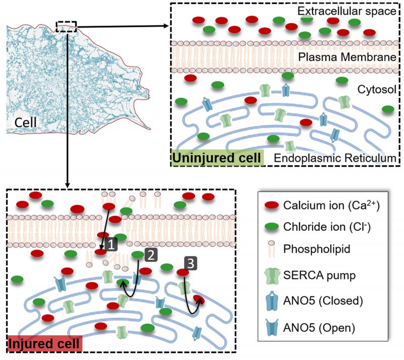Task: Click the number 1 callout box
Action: pos(111,244)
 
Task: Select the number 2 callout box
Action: pos(150,255)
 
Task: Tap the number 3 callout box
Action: pos(191,264)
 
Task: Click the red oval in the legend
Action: pos(272,205)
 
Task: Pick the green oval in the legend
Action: pos(272,227)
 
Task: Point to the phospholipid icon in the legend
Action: pos(272,248)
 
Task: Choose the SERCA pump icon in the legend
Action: pos(272,276)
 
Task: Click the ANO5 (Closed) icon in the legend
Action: pos(272,300)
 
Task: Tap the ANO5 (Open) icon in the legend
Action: pos(272,327)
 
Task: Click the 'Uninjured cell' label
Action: pos(217,158)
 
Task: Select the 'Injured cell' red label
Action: pos(44,343)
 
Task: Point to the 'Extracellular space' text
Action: pos(346,11)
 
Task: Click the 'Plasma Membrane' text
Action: pos(347,57)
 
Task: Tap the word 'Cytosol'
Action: pos(377,89)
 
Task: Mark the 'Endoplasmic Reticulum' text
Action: pos(335,158)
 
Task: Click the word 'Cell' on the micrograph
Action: pos(25,122)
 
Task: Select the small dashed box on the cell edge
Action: pos(66,27)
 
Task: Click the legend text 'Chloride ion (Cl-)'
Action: pos(327,227)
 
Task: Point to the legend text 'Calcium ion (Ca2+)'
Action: pos(331,205)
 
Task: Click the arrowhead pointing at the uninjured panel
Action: pos(167,26)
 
